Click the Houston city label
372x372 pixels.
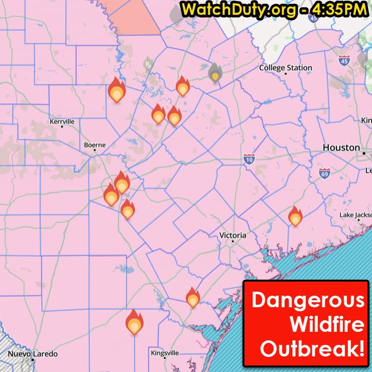[x=341, y=148]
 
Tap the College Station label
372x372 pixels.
[x=285, y=68]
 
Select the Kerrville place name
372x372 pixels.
[x=62, y=121]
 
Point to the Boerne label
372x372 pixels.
[x=94, y=145]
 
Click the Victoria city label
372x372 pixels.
[x=233, y=235]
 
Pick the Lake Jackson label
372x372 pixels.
[x=355, y=215]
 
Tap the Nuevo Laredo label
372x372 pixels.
[x=32, y=353]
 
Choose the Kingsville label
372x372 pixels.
[x=165, y=353]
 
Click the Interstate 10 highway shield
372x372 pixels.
[x=249, y=160]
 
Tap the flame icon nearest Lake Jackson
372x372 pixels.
[x=295, y=217]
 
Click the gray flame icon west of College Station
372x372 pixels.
[x=215, y=73]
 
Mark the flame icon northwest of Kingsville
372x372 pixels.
[x=134, y=323]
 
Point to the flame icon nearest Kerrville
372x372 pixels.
[x=116, y=91]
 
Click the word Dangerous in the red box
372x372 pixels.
[x=308, y=300]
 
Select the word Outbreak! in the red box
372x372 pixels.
[x=312, y=349]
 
